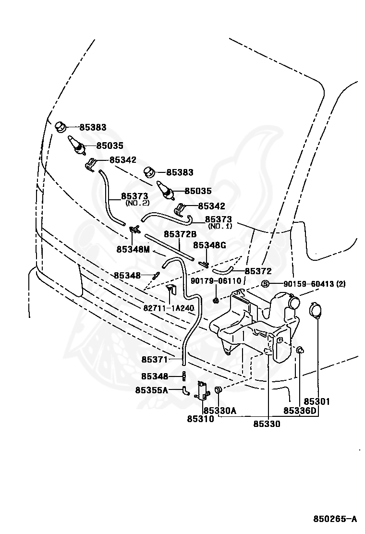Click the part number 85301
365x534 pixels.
317,402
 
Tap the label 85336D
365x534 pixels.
300,411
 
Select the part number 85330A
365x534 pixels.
220,411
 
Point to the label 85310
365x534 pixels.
201,419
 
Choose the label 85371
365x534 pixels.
155,359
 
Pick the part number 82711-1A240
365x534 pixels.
169,308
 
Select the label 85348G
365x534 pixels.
210,245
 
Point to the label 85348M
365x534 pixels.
133,249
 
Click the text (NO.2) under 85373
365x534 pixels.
137,203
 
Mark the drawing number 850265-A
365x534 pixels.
335,519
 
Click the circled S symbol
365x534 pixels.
265,284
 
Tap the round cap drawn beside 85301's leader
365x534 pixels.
314,311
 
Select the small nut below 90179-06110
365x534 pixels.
216,300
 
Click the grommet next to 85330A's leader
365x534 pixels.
218,389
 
